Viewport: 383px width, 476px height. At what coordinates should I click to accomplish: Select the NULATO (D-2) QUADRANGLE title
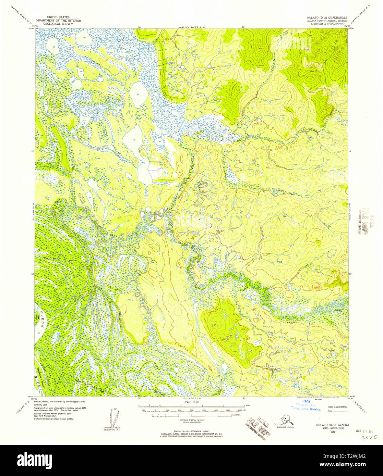[328, 17]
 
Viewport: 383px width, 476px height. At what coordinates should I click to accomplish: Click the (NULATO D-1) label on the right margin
[351, 212]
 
